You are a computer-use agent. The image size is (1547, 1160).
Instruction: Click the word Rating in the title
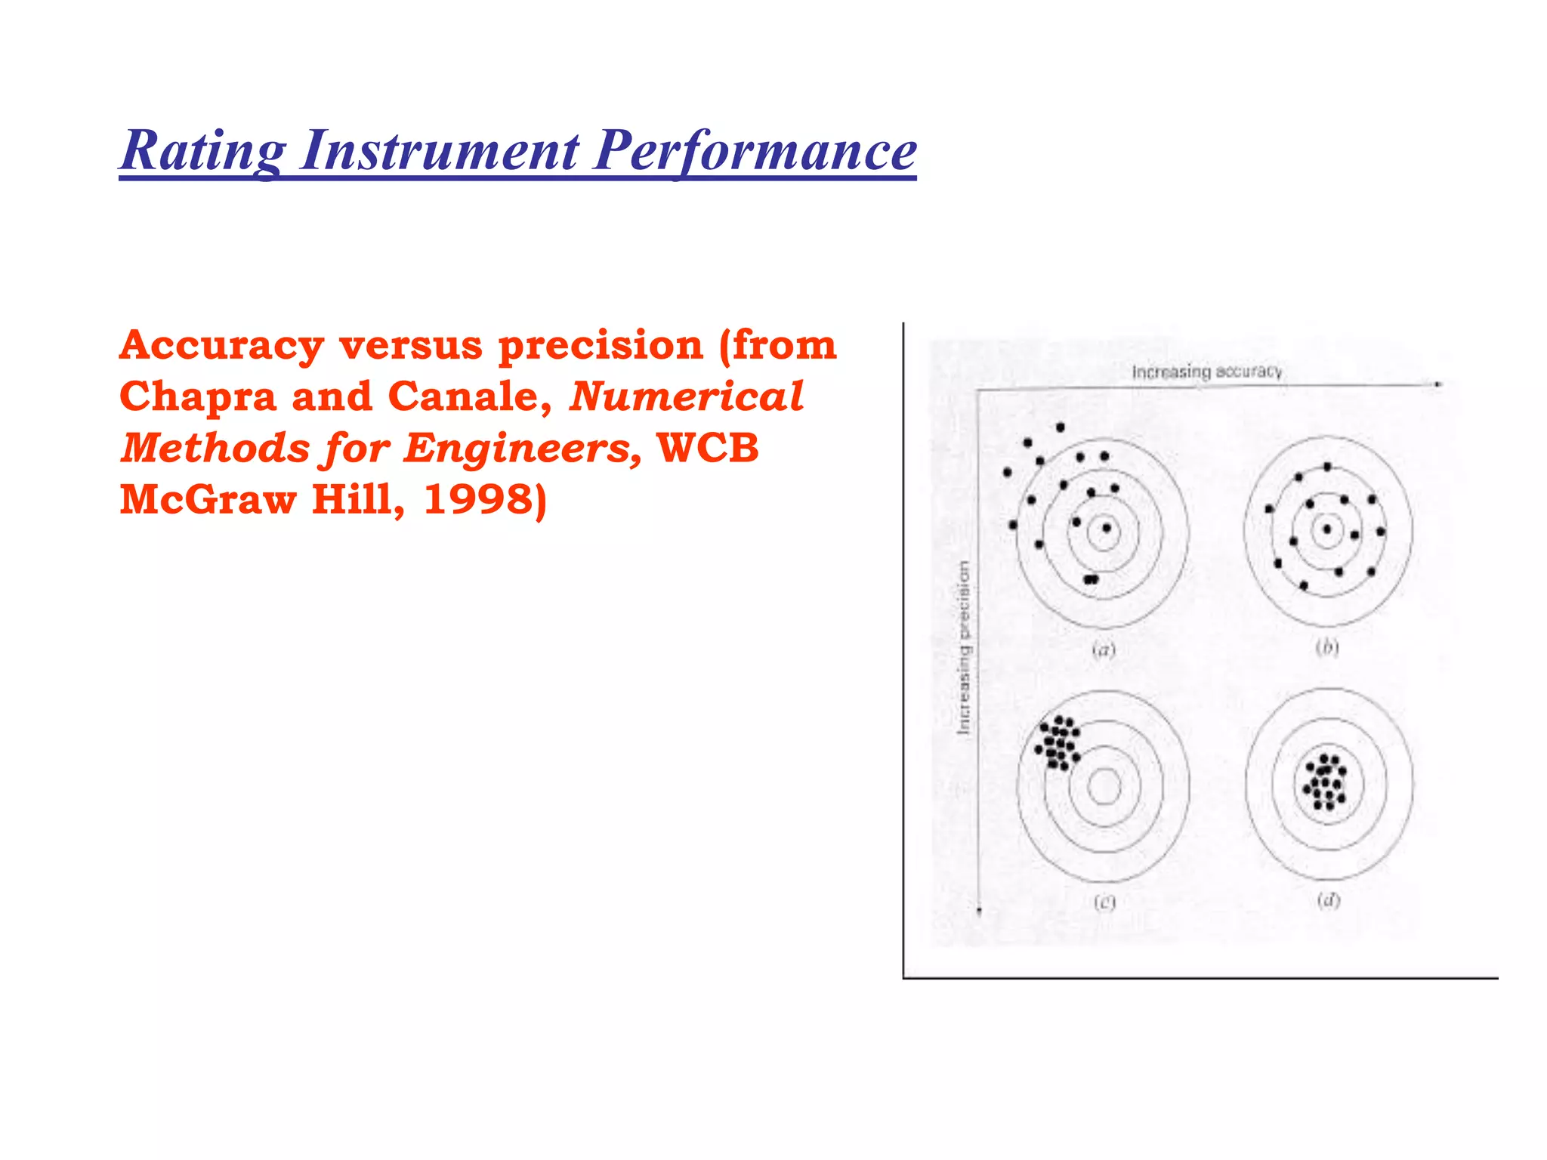(203, 151)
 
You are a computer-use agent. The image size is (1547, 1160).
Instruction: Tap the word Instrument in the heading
(440, 151)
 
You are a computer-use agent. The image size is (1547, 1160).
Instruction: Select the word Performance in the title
(755, 151)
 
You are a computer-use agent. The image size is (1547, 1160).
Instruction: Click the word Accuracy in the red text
(221, 346)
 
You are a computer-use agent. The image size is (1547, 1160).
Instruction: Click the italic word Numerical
(686, 397)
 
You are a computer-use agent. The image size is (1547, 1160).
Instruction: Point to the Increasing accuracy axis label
(1206, 372)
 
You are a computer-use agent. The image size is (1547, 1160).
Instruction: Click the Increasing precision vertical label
(963, 647)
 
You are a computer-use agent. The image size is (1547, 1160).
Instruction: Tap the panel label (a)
(1104, 649)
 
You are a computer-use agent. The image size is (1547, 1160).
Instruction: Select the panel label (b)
(1327, 647)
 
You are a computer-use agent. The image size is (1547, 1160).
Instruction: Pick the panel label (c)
(1104, 902)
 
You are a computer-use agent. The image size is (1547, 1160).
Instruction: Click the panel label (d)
(1328, 900)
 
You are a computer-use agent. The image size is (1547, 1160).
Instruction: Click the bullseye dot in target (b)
(1327, 529)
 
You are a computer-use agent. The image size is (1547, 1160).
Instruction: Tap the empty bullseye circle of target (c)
(1104, 787)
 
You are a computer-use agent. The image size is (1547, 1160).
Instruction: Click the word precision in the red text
(601, 346)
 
